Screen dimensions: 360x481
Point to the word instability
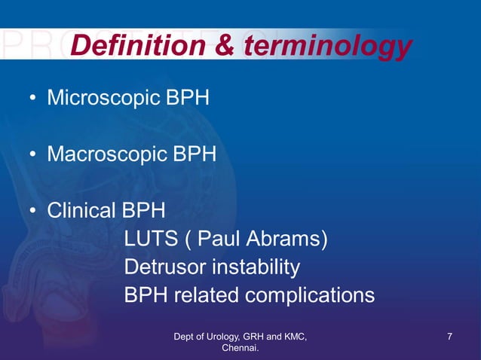pos(257,267)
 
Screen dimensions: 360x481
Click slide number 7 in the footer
pos(449,336)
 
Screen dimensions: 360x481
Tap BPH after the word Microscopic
pos(185,99)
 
